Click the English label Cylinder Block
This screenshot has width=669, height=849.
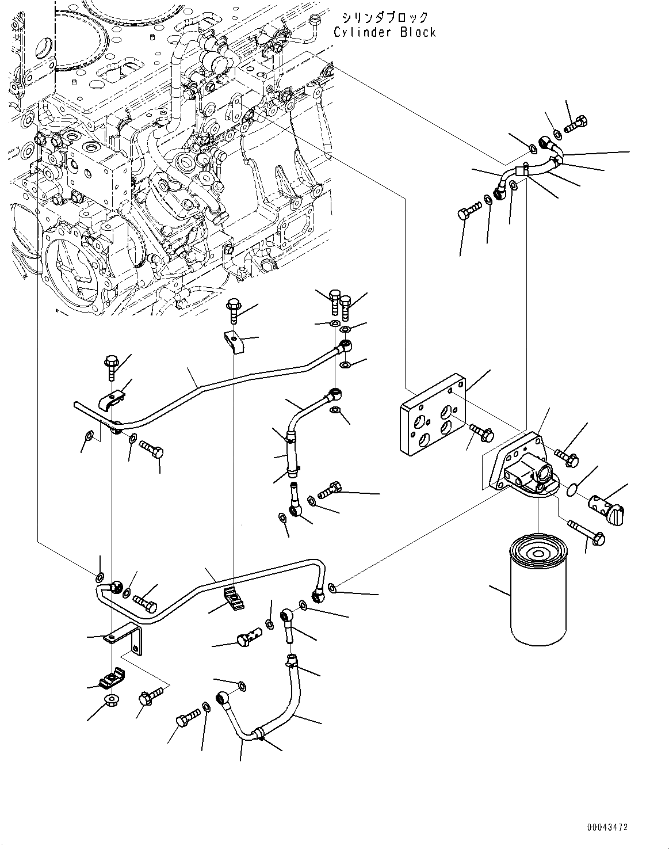[384, 32]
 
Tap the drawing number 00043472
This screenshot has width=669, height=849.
[607, 827]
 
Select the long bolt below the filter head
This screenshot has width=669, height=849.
[586, 532]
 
